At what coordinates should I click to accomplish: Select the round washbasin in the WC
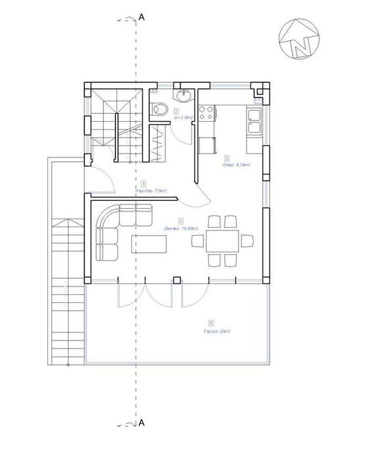click(183, 97)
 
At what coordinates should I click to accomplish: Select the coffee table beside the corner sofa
click(150, 244)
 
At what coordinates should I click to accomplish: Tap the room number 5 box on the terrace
click(210, 323)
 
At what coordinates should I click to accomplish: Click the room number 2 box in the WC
click(176, 112)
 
